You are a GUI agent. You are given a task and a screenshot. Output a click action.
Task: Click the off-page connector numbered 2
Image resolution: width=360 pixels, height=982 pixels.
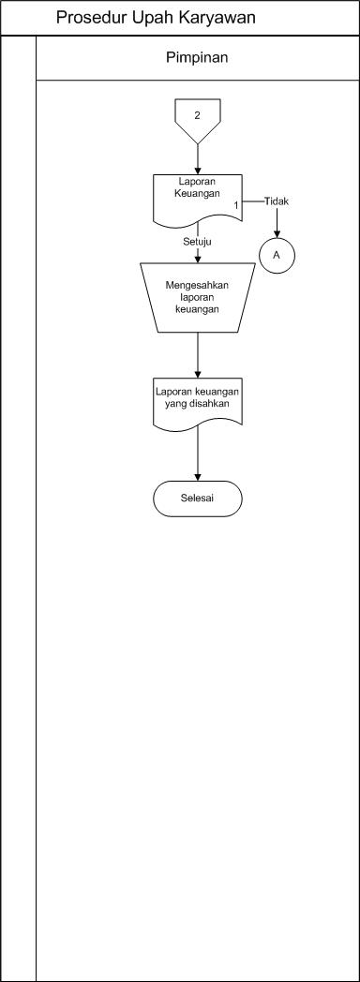click(x=197, y=116)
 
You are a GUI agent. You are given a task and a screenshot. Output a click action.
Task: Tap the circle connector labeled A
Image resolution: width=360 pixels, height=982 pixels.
click(x=277, y=254)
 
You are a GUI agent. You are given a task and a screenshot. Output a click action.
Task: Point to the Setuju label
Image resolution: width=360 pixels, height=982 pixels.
click(x=197, y=242)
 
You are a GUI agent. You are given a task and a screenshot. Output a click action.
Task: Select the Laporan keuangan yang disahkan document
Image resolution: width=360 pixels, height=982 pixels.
click(x=198, y=401)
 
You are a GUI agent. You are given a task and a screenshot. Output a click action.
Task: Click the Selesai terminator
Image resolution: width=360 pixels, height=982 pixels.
click(x=197, y=498)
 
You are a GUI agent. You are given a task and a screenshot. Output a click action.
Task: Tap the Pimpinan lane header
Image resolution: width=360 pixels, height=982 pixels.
click(x=197, y=57)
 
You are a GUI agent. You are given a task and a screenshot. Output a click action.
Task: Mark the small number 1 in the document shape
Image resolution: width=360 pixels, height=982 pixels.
click(x=235, y=203)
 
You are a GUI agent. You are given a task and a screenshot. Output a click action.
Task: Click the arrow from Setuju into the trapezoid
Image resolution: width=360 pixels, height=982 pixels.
click(x=198, y=255)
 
